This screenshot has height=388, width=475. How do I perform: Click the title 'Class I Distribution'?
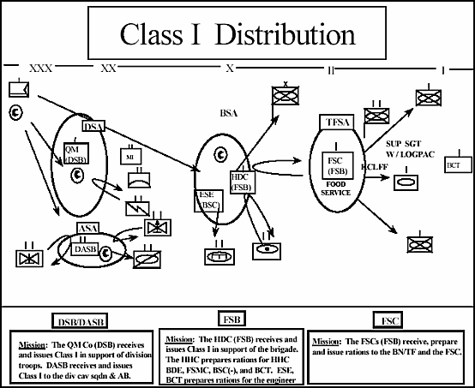[236, 35]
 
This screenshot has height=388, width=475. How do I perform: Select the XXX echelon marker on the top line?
[40, 68]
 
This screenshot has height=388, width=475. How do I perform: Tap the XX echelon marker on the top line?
[108, 68]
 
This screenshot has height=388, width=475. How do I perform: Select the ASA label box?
[88, 228]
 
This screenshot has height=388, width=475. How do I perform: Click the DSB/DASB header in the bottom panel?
[77, 319]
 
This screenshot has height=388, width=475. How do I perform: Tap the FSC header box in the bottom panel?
[388, 319]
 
